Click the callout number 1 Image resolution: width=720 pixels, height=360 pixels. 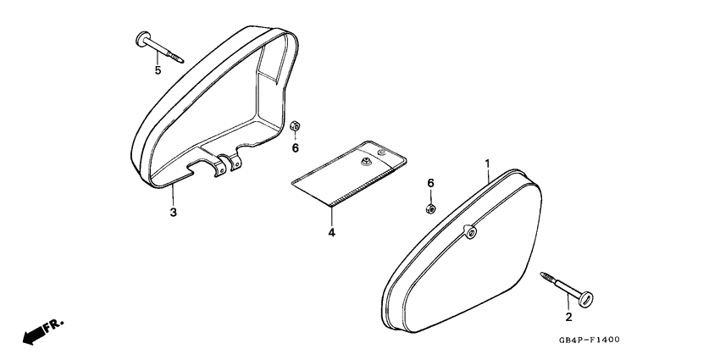[488, 163]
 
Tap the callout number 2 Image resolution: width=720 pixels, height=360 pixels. [568, 317]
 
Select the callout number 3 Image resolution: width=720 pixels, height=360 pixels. [173, 213]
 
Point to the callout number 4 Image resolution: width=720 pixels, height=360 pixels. [331, 233]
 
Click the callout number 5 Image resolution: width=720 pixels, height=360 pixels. [158, 70]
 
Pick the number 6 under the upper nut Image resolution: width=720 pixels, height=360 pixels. [296, 148]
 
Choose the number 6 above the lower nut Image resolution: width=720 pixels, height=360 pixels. [430, 183]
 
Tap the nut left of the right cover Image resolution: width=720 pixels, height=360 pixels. [430, 208]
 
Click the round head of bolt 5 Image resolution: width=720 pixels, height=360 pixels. [144, 39]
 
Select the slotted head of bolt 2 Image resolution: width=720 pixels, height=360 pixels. [586, 299]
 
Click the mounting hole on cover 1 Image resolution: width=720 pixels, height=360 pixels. [471, 233]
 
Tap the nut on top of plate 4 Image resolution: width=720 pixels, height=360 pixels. [366, 161]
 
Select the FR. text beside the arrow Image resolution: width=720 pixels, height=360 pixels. [53, 325]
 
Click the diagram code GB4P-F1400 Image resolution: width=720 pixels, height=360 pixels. [590, 340]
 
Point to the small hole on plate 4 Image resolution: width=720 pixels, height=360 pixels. [380, 151]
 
